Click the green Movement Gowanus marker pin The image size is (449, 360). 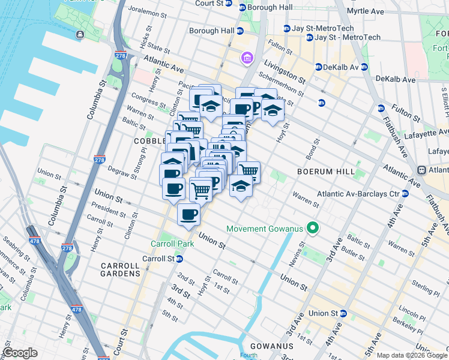pyautogui.click(x=312, y=229)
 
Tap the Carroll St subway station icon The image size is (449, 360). pyautogui.click(x=179, y=259)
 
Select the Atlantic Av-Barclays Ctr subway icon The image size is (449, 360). pyautogui.click(x=405, y=194)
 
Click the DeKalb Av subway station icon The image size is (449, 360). pyautogui.click(x=319, y=67)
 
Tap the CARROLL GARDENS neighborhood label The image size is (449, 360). pyautogui.click(x=120, y=269)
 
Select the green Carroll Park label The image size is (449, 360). pyautogui.click(x=169, y=244)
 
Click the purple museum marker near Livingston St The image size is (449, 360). pyautogui.click(x=247, y=58)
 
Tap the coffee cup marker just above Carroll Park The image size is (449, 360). pyautogui.click(x=188, y=214)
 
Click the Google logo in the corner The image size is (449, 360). pyautogui.click(x=20, y=353)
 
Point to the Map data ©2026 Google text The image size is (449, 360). pyautogui.click(x=411, y=355)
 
